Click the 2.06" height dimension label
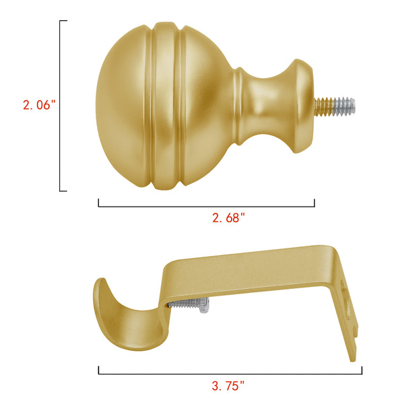(x=39, y=105)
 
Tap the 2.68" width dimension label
(x=228, y=218)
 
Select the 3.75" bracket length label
(x=228, y=386)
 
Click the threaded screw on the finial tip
(x=335, y=106)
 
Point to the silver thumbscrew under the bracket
(x=189, y=305)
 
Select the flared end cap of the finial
(x=302, y=106)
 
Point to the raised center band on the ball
(x=165, y=106)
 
